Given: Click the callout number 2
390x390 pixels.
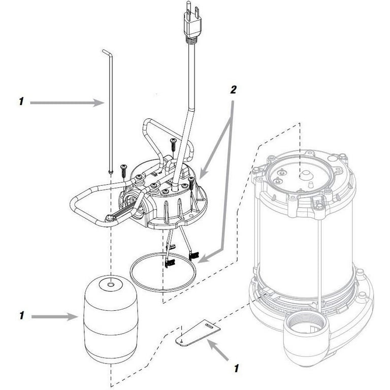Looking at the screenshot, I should tap(233, 90).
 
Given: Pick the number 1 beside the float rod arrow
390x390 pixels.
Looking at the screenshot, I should tap(21, 102).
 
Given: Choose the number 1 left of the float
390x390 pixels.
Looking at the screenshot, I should tap(21, 316).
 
